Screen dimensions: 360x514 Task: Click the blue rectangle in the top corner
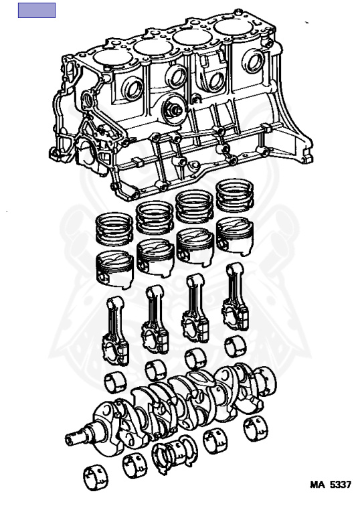pyautogui.click(x=37, y=10)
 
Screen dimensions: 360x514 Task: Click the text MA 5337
pyautogui.click(x=331, y=485)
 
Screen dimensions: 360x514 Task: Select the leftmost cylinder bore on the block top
pyautogui.click(x=113, y=58)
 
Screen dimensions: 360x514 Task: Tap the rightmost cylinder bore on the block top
pyautogui.click(x=233, y=27)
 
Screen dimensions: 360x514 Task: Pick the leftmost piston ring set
pyautogui.click(x=114, y=229)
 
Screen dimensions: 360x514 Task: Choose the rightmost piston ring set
pyautogui.click(x=235, y=195)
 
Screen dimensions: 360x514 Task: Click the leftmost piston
pyautogui.click(x=114, y=270)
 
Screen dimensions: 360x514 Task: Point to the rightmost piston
pyautogui.click(x=235, y=236)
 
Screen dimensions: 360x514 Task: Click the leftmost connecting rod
pyautogui.click(x=115, y=331)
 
